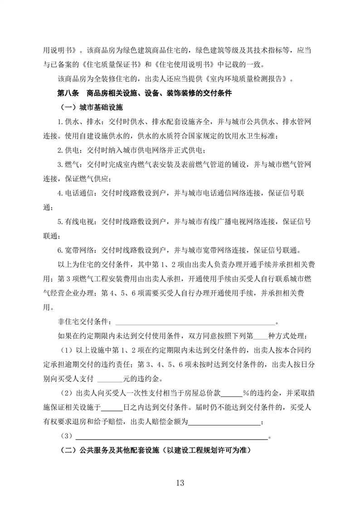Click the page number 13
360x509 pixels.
pyautogui.click(x=180, y=483)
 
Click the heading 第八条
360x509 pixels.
pyautogui.click(x=68, y=94)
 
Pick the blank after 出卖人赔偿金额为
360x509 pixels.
pyautogui.click(x=224, y=422)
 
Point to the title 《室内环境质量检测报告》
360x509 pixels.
pyautogui.click(x=246, y=79)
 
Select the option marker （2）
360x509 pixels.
pyautogui.click(x=66, y=393)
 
